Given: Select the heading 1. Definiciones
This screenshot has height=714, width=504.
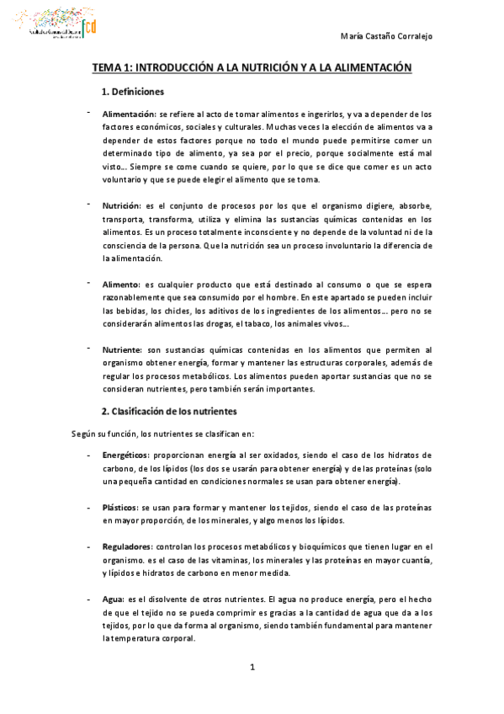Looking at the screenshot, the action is click(133, 91).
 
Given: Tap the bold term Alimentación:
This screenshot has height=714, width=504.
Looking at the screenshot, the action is click(129, 114).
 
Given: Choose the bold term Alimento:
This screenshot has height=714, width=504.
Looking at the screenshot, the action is click(121, 284).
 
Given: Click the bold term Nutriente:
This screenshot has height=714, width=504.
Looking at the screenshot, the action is click(123, 349).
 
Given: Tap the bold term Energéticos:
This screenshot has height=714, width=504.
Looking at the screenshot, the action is click(126, 455).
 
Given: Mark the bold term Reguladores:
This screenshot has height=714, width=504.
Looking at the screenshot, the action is click(128, 547).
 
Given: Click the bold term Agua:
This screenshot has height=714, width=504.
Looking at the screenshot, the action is click(114, 599).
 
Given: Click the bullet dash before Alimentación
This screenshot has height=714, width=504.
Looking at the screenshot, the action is click(88, 111).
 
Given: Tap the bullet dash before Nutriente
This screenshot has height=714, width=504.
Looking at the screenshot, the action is click(88, 347).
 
